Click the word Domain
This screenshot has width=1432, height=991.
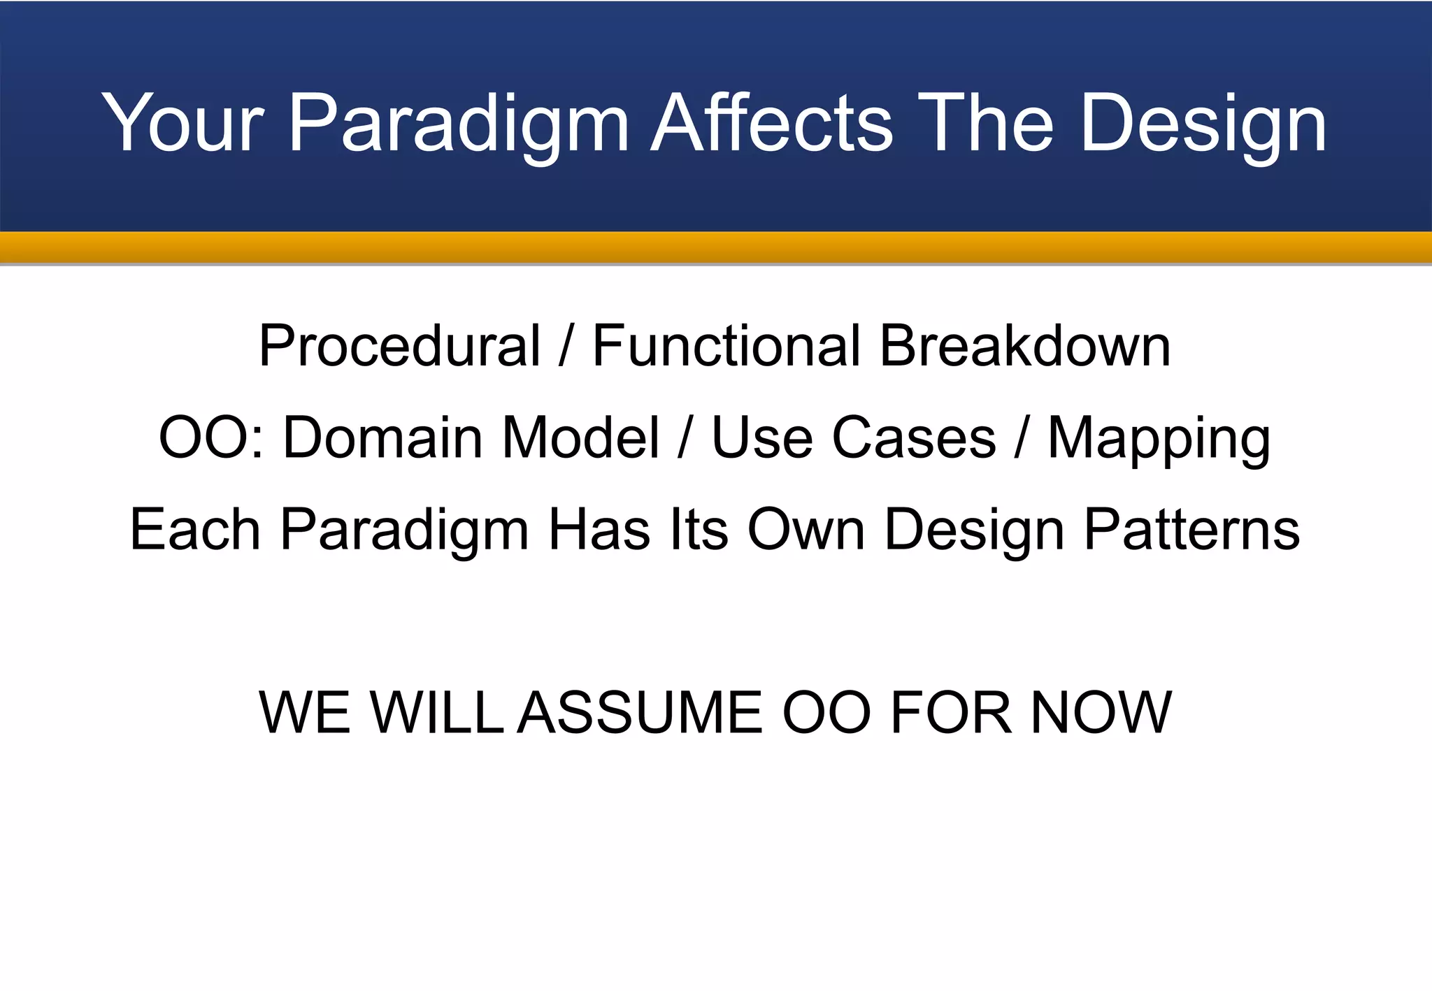382,437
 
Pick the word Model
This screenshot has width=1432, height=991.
580,437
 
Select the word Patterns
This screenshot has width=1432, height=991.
1191,530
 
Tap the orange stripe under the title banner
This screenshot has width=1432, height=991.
716,247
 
